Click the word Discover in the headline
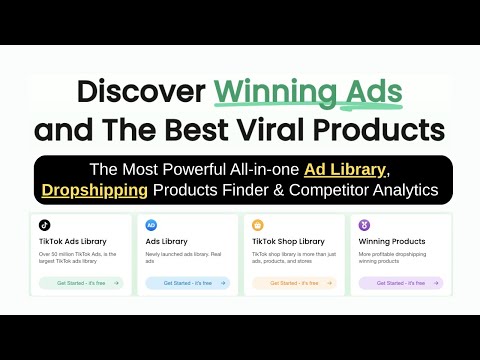(x=141, y=93)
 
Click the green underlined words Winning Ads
(x=307, y=93)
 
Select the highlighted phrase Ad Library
(x=347, y=168)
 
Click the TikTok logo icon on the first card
(x=45, y=225)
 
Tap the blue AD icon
(x=151, y=225)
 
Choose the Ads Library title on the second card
(x=167, y=241)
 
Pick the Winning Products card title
(x=392, y=241)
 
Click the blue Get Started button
(x=187, y=283)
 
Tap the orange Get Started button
(x=293, y=283)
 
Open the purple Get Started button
(x=399, y=283)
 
